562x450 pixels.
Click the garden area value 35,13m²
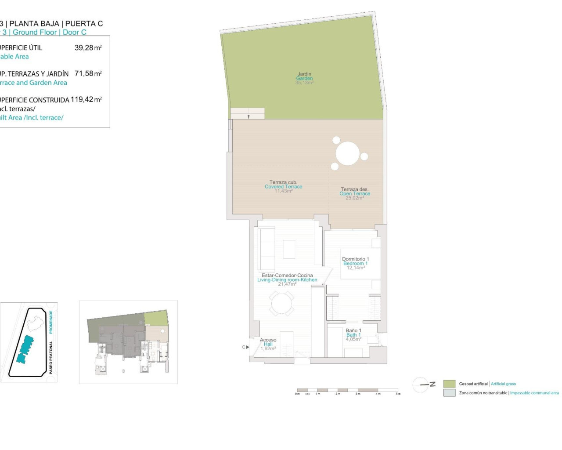[304, 83]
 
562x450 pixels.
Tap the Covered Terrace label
[283, 187]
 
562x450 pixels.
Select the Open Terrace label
[355, 194]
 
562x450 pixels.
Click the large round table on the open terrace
[348, 153]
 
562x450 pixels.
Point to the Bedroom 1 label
[355, 264]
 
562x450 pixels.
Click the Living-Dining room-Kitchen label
[287, 280]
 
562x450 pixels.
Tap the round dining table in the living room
[281, 304]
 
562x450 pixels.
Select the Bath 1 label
[353, 335]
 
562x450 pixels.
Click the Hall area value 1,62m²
[268, 348]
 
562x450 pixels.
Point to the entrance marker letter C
[244, 347]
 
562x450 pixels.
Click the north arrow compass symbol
[421, 385]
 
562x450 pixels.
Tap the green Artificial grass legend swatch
[449, 384]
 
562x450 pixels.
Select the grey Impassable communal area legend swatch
[449, 393]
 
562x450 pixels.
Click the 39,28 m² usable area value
[88, 48]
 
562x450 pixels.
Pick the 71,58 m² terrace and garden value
[88, 74]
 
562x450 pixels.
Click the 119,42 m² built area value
[86, 100]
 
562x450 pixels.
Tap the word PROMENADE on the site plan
[51, 322]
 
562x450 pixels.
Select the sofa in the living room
[266, 249]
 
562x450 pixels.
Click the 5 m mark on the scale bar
[398, 394]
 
